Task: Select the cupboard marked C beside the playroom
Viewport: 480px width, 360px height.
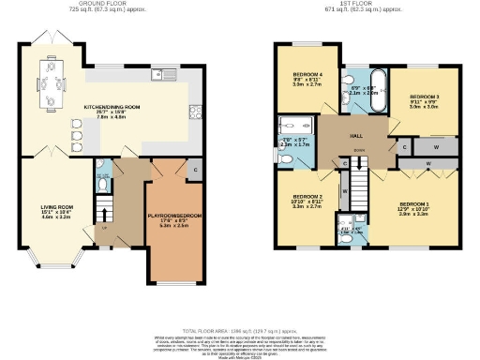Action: (194, 170)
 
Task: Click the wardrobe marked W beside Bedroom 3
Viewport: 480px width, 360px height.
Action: (436, 147)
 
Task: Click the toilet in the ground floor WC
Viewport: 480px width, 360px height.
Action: (104, 185)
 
